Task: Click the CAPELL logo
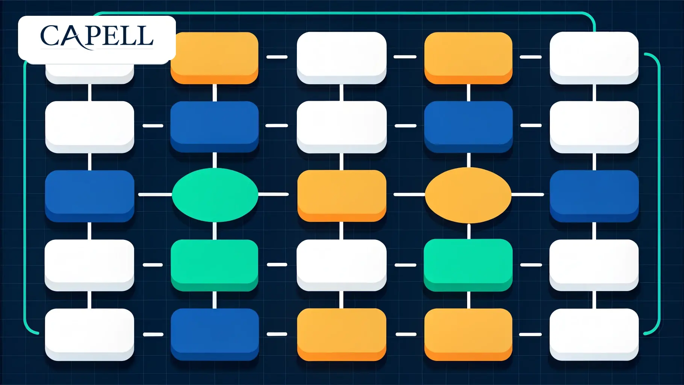[97, 38]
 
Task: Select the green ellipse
[215, 195]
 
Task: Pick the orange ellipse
[468, 195]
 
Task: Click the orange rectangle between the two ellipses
[342, 196]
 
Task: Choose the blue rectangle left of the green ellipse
[89, 196]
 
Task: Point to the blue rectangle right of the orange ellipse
[594, 196]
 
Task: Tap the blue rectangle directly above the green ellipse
[215, 127]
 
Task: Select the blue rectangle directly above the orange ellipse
[468, 127]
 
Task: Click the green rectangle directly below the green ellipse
[215, 265]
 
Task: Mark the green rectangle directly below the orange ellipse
[468, 265]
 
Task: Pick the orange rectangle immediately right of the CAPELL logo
[215, 58]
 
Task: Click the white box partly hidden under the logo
[89, 74]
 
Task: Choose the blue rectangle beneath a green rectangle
[215, 334]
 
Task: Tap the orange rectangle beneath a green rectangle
[468, 334]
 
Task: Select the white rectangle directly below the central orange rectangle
[342, 265]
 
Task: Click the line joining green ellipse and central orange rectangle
[274, 194]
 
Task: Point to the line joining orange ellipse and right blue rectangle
[527, 194]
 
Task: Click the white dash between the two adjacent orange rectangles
[406, 334]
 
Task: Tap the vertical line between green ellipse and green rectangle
[215, 230]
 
